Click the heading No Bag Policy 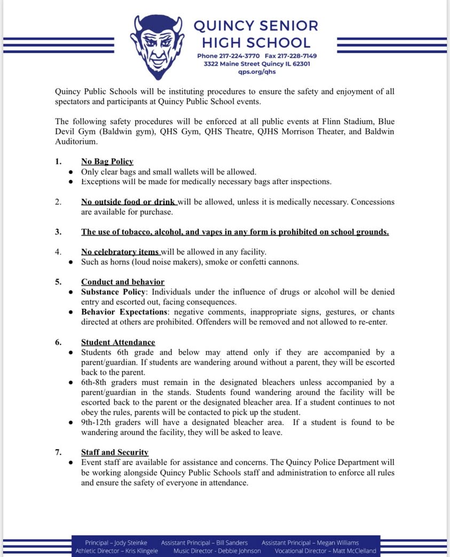107,161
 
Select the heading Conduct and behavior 122,281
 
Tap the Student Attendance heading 118,342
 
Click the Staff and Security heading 114,452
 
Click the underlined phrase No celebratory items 120,252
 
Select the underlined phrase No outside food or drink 129,202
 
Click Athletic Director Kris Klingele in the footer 116,551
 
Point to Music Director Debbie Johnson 217,551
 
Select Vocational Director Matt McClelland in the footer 325,551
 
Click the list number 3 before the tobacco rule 58,232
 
